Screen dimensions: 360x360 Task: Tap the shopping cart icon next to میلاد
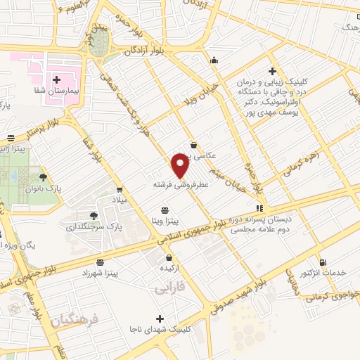tap(120, 189)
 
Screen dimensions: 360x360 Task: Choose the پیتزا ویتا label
tap(165, 221)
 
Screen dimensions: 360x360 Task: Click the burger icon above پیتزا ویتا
tap(165, 210)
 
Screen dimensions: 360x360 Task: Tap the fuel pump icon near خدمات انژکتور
tap(323, 262)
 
